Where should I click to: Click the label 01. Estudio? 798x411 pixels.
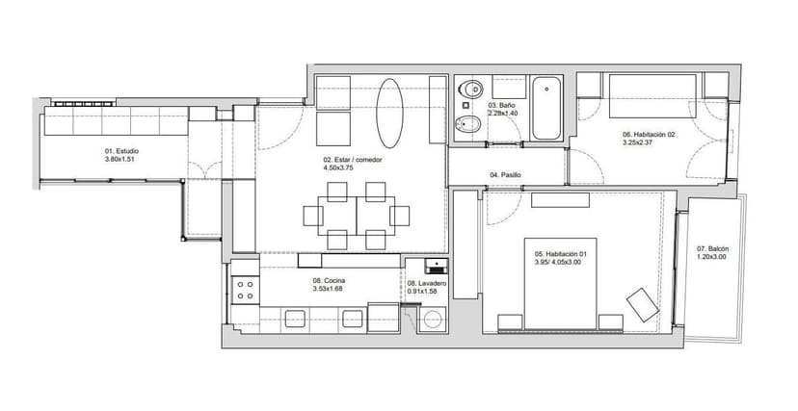pyautogui.click(x=121, y=151)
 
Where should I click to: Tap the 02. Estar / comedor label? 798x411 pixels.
pyautogui.click(x=352, y=160)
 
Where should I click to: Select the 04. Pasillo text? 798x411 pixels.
pyautogui.click(x=505, y=175)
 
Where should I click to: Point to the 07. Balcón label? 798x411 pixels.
pyautogui.click(x=712, y=249)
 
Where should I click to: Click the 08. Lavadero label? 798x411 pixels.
pyautogui.click(x=427, y=284)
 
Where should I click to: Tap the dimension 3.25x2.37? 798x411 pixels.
pyautogui.click(x=637, y=142)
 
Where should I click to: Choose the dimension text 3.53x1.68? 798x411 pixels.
pyautogui.click(x=328, y=289)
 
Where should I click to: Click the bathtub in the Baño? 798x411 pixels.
pyautogui.click(x=546, y=108)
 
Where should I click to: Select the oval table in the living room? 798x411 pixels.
pyautogui.click(x=389, y=114)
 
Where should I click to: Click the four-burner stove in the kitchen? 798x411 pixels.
pyautogui.click(x=246, y=290)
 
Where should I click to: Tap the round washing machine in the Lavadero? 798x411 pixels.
pyautogui.click(x=433, y=320)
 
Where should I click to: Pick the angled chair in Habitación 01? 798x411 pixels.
pyautogui.click(x=643, y=305)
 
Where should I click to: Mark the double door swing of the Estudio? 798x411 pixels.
pyautogui.click(x=204, y=170)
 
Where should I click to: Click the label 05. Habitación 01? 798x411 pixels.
pyautogui.click(x=557, y=253)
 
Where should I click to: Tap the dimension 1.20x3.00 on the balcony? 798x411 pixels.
pyautogui.click(x=711, y=257)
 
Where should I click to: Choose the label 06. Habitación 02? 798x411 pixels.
pyautogui.click(x=649, y=135)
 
